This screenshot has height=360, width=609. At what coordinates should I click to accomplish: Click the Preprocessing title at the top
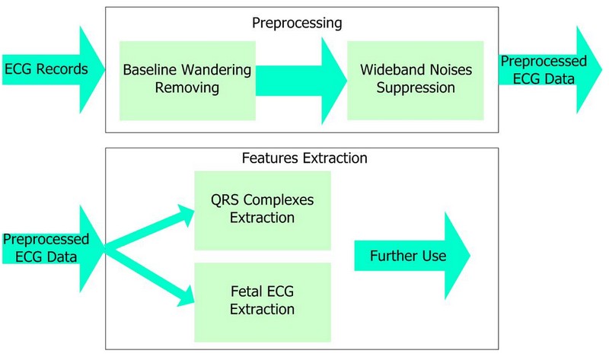click(x=297, y=23)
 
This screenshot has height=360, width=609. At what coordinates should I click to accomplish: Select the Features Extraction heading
click(x=304, y=159)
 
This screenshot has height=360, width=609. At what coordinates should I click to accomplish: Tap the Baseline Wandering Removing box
click(x=187, y=78)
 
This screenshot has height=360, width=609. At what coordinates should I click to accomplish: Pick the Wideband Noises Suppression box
click(x=415, y=78)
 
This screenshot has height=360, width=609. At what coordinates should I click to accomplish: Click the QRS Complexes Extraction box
click(x=263, y=209)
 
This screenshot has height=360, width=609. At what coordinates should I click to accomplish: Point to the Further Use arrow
click(x=412, y=257)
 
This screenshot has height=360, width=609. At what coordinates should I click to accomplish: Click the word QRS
click(x=225, y=200)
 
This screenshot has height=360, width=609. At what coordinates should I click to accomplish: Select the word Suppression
click(x=416, y=88)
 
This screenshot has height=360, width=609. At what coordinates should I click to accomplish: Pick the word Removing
click(x=187, y=88)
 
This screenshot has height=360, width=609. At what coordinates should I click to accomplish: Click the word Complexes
click(x=277, y=200)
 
